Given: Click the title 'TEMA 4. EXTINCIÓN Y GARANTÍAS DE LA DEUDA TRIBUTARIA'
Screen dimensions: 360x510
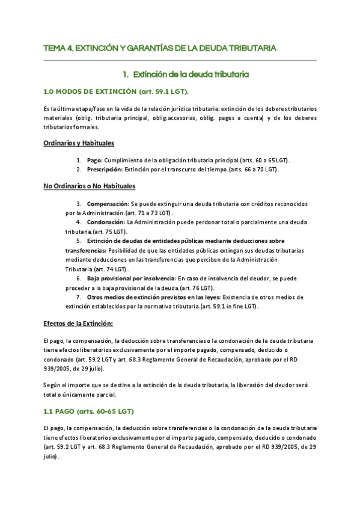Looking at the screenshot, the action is click(x=160, y=48).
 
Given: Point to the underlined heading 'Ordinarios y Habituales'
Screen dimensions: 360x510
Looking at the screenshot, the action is click(x=79, y=143).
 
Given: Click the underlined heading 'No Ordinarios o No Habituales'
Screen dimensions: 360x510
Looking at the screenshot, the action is click(x=90, y=186).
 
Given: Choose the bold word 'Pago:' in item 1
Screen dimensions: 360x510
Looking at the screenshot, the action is click(x=95, y=161).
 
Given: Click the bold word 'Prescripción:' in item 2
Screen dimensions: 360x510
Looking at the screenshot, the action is click(x=106, y=170).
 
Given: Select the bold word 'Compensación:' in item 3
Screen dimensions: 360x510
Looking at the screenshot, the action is click(x=108, y=204).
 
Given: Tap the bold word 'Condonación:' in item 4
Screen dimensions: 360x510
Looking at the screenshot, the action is click(x=106, y=222).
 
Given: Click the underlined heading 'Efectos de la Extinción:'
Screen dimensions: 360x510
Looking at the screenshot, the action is click(x=78, y=323).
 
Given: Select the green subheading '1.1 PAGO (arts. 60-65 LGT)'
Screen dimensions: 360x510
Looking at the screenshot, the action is click(x=88, y=411).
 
